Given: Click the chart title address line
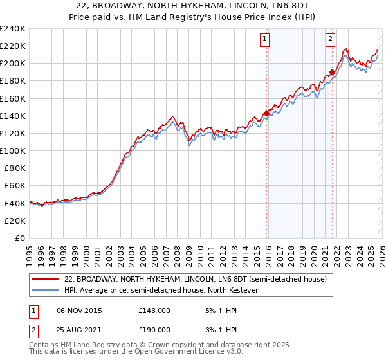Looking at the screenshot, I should click(193, 6).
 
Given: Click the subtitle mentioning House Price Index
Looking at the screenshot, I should click(193, 17).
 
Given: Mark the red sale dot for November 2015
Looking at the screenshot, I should click(266, 113).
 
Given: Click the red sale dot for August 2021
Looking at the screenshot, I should click(332, 72).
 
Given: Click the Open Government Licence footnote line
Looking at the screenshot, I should click(122, 353).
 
